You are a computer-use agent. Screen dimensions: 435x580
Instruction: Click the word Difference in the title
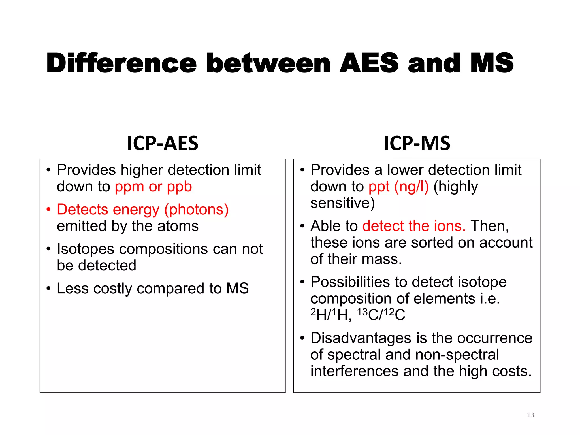pyautogui.click(x=121, y=63)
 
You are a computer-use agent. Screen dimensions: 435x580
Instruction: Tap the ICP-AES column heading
pyautogui.click(x=163, y=143)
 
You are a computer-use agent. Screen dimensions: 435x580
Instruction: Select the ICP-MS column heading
pyautogui.click(x=417, y=143)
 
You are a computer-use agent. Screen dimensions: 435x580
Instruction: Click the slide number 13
pyautogui.click(x=530, y=415)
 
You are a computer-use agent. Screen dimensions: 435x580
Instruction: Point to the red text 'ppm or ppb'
pyautogui.click(x=153, y=187)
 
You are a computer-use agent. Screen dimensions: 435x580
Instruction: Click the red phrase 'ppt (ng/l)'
pyautogui.click(x=398, y=187)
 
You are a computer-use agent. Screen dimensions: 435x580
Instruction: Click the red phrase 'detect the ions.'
pyautogui.click(x=414, y=226)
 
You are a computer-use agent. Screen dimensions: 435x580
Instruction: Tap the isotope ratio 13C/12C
pyautogui.click(x=381, y=314)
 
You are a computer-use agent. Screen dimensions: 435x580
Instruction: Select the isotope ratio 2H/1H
pyautogui.click(x=331, y=314)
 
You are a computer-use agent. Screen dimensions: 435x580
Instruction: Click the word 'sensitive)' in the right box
pyautogui.click(x=342, y=203)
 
